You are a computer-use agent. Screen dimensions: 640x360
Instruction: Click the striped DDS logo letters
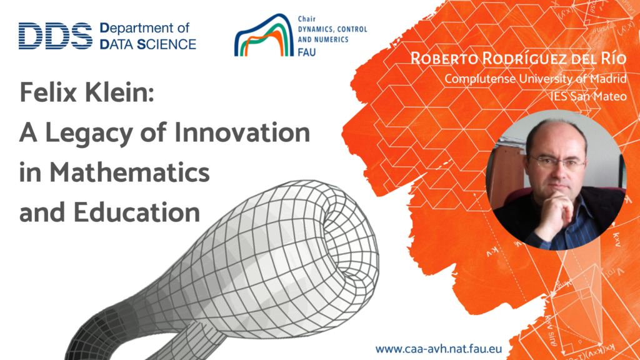[56, 36]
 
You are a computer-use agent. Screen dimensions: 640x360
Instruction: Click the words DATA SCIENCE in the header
[148, 44]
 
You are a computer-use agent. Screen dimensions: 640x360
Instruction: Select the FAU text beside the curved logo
[306, 52]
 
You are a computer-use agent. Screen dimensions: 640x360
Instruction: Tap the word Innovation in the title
[242, 132]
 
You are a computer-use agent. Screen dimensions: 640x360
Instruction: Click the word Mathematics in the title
[129, 172]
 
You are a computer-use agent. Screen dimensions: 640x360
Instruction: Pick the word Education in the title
[137, 212]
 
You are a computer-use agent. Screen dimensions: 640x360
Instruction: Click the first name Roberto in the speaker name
[444, 58]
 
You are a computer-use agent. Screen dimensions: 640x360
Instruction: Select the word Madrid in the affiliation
[607, 78]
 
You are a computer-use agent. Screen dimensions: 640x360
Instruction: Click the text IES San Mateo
[588, 96]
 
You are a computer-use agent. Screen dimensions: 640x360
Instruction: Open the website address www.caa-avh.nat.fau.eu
[439, 349]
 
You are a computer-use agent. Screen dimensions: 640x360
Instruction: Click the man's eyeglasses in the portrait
[557, 163]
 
